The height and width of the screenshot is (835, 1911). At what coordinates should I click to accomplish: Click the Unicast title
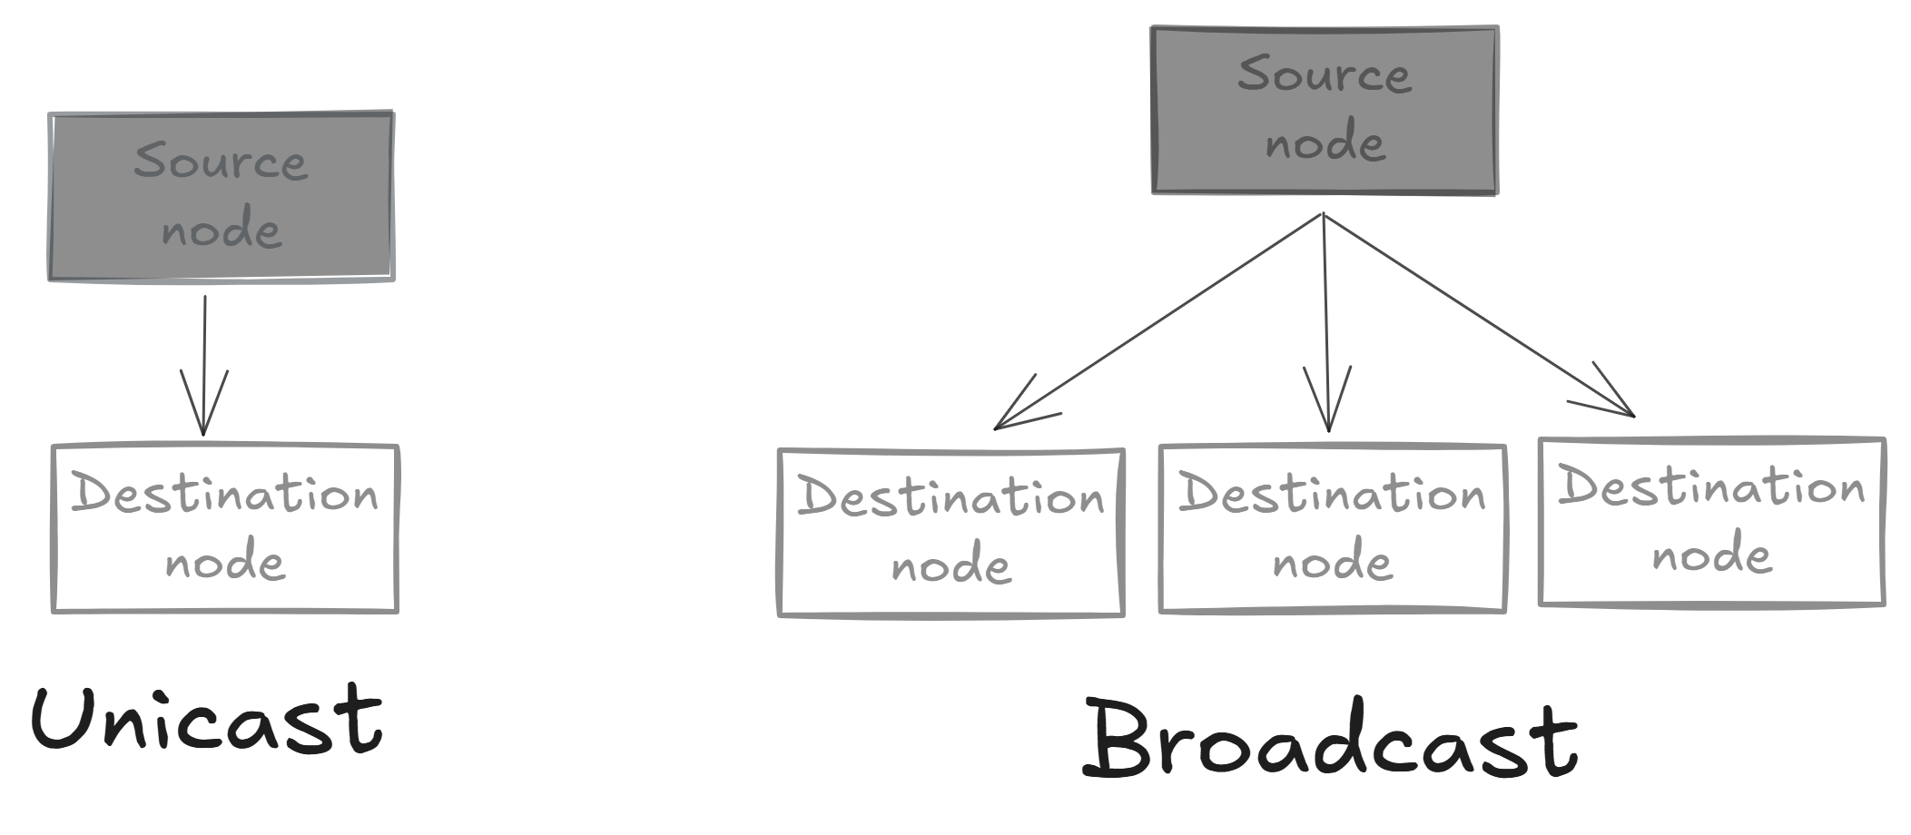(x=207, y=720)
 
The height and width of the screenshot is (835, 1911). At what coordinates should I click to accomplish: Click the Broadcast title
(x=1330, y=740)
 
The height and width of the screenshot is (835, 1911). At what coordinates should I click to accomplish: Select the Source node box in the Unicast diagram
(x=221, y=196)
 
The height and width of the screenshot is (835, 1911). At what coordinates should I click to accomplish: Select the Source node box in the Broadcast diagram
(x=1325, y=110)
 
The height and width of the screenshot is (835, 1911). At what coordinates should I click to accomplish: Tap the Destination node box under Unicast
(x=225, y=529)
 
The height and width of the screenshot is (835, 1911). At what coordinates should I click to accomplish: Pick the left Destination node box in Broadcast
(x=951, y=533)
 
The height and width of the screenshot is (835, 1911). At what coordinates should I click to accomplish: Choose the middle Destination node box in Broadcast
(x=1332, y=529)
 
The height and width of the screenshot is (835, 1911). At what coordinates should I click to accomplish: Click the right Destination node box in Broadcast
(x=1711, y=522)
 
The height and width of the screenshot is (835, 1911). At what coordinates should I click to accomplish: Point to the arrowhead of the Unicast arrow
(x=203, y=427)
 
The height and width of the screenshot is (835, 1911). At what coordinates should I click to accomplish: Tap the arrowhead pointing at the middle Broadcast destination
(x=1328, y=423)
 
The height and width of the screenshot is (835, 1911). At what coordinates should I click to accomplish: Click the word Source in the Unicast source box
(x=221, y=162)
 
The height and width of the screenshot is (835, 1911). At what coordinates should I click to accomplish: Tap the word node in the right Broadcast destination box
(x=1711, y=555)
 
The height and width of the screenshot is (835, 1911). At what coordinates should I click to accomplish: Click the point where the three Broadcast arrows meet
(x=1324, y=215)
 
